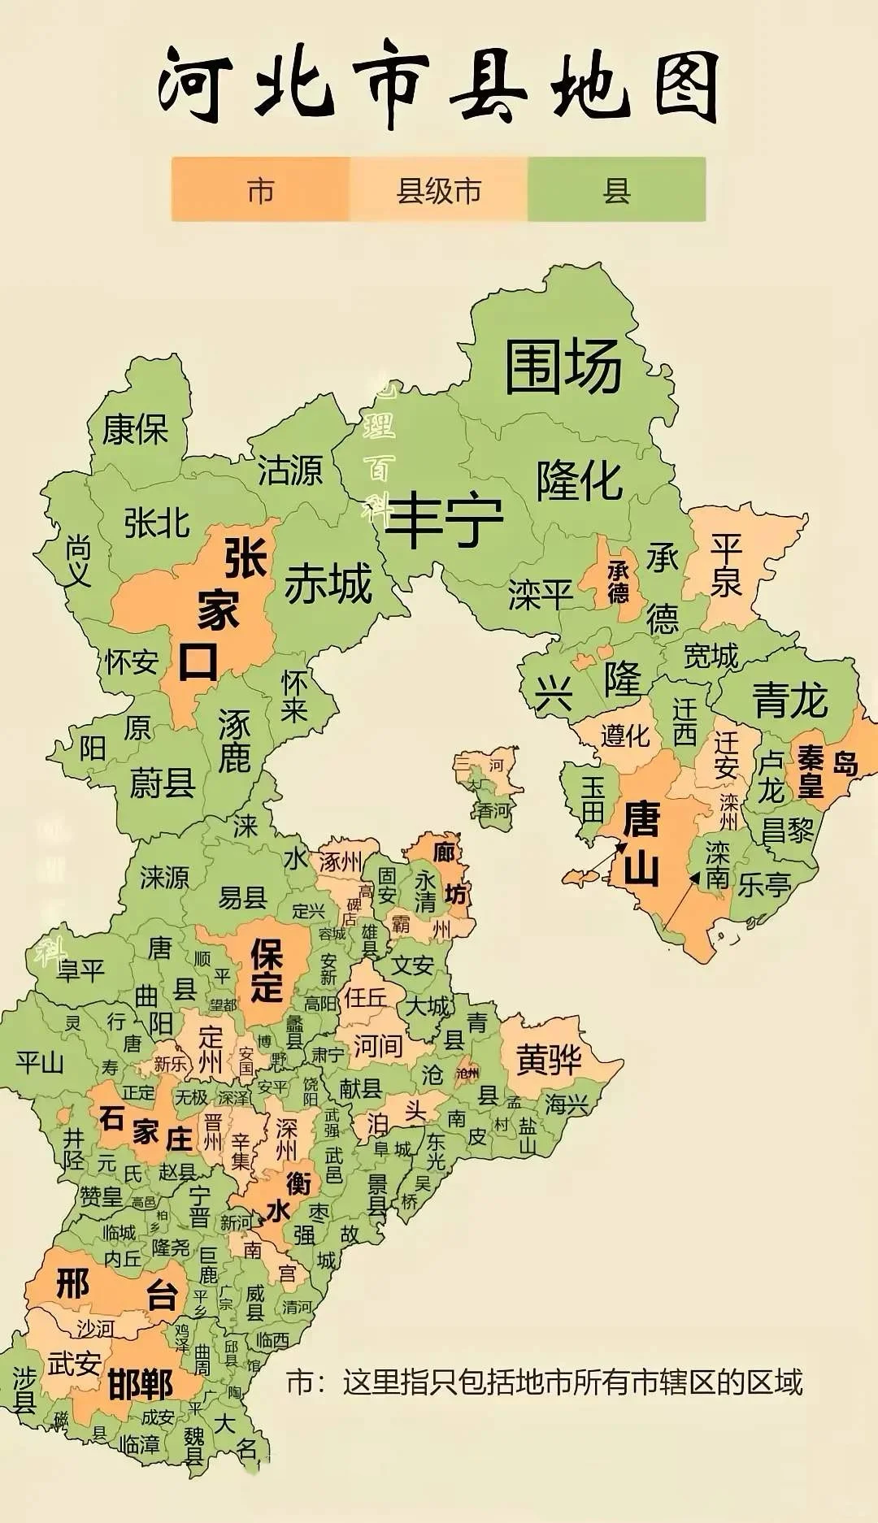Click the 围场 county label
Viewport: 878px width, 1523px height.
(563, 367)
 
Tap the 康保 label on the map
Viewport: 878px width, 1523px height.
(135, 429)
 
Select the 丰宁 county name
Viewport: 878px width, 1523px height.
(444, 519)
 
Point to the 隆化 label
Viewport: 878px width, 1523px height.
(579, 480)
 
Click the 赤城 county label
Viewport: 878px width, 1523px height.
(328, 584)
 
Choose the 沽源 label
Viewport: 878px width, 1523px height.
(290, 470)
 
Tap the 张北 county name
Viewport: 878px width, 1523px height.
(157, 523)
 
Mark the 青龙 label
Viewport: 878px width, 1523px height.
(790, 700)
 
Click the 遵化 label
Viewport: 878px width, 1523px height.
(625, 735)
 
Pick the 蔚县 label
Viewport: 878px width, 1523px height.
(163, 783)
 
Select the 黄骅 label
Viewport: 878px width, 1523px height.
(550, 1059)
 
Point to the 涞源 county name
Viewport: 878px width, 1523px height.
(164, 877)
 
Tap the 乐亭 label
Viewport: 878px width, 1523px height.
(764, 885)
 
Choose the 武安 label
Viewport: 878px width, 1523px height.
(74, 1363)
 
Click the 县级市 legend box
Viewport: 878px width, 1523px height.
(439, 190)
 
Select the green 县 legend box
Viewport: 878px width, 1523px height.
(616, 190)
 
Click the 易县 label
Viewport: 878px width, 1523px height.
(242, 897)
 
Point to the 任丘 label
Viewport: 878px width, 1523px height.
(365, 996)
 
